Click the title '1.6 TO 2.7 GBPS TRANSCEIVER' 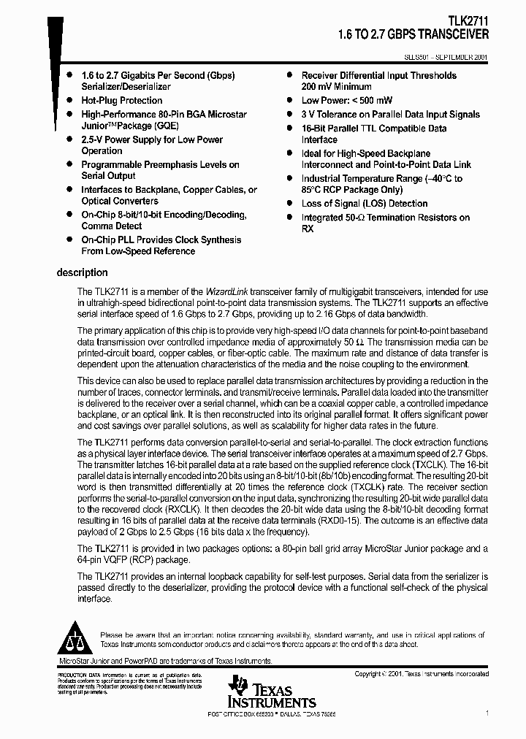[x=413, y=34]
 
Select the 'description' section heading [x=83, y=272]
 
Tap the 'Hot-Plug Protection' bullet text [x=121, y=101]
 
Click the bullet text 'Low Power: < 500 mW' [x=346, y=101]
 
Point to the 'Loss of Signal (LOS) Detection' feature [x=365, y=204]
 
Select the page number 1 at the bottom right [x=487, y=711]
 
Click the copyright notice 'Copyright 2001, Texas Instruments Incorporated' [x=421, y=674]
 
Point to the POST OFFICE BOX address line [x=272, y=712]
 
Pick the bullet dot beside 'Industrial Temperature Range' [x=291, y=178]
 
